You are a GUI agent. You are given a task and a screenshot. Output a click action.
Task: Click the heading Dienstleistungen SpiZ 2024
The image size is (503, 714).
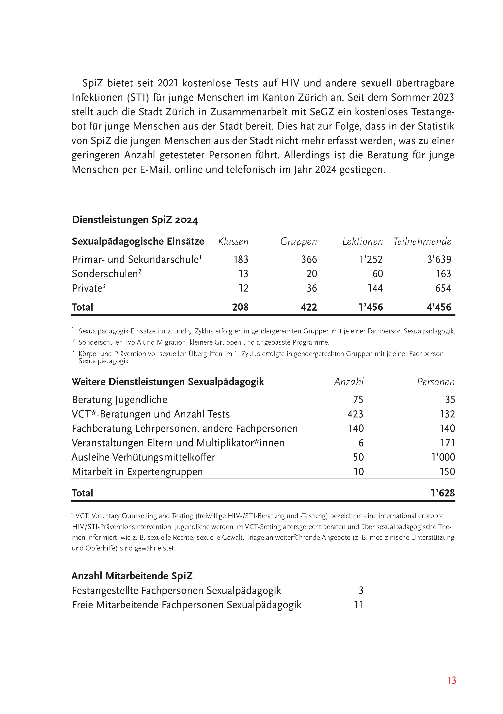click(135, 220)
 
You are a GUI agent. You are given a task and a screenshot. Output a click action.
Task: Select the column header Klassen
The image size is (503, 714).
click(233, 242)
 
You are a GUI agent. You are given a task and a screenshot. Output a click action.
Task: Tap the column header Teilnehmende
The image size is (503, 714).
click(422, 242)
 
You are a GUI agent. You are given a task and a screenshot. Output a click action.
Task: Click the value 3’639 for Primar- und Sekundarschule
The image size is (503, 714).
click(439, 259)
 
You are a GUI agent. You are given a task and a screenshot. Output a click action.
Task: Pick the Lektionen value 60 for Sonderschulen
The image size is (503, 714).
click(377, 274)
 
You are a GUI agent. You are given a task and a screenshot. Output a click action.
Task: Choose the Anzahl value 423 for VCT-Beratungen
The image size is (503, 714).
click(355, 414)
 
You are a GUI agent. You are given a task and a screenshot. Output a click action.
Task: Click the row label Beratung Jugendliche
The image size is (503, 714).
click(119, 400)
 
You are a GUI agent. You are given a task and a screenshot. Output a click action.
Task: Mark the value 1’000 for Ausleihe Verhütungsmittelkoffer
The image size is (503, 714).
click(443, 457)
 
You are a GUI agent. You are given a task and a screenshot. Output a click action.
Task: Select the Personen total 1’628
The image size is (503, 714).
click(443, 493)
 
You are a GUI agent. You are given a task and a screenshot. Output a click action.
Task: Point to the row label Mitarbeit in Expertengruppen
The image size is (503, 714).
click(137, 472)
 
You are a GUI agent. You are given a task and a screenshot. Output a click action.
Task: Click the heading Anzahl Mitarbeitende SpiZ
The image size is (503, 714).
click(132, 576)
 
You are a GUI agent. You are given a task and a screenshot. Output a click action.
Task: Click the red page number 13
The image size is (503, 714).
click(451, 680)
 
